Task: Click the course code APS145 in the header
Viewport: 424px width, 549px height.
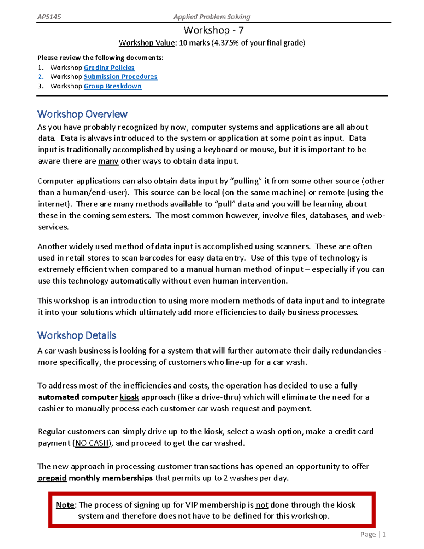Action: [x=49, y=17]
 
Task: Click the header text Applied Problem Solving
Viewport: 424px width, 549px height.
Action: [x=212, y=17]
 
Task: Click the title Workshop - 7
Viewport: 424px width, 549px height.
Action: [x=213, y=30]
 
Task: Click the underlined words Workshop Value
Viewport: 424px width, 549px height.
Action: [x=147, y=43]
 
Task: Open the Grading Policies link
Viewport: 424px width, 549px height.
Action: [x=109, y=68]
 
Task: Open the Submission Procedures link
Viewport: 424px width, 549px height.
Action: [x=120, y=77]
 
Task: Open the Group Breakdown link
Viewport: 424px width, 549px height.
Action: [x=113, y=86]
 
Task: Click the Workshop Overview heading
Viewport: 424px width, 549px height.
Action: [x=82, y=114]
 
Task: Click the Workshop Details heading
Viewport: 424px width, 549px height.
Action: [x=77, y=335]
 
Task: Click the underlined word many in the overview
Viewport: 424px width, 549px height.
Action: [x=108, y=161]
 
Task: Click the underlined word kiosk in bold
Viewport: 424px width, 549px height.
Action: [x=129, y=397]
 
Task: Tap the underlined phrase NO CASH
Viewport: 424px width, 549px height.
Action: [x=92, y=443]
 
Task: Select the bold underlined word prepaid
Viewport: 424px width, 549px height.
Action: [x=52, y=478]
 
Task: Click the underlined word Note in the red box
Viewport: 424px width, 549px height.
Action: [x=65, y=505]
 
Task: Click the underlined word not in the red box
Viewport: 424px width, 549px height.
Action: [x=262, y=505]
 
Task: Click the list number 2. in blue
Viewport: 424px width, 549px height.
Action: [x=41, y=77]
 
